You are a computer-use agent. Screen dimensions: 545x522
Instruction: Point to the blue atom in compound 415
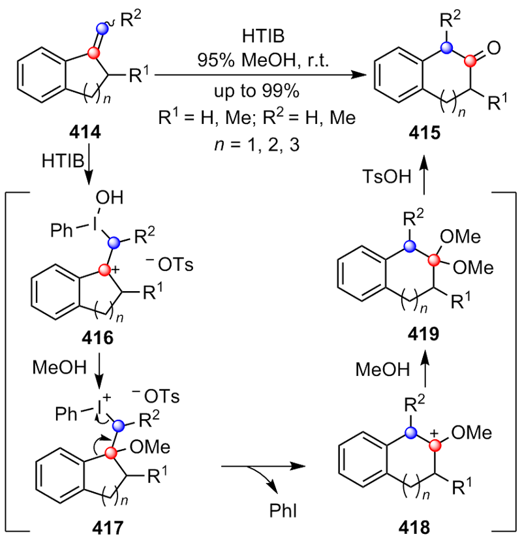point(446,48)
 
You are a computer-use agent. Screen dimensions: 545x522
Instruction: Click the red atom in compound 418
point(436,444)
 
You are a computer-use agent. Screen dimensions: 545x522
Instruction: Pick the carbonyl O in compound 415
point(493,47)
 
